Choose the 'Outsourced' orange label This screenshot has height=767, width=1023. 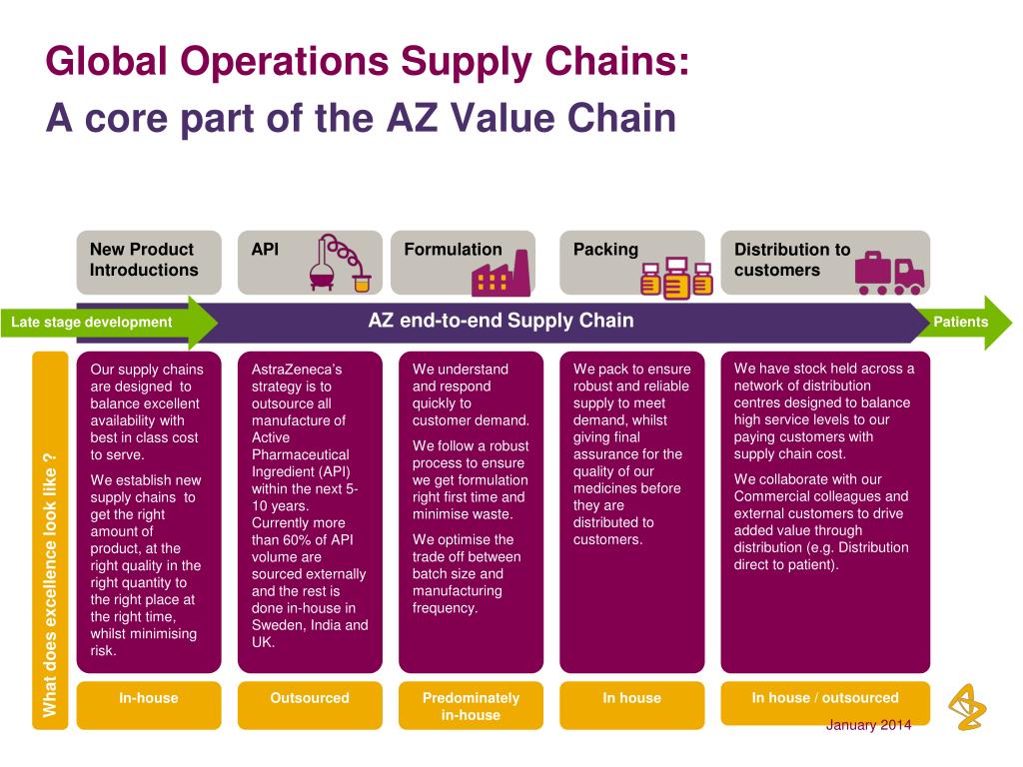point(310,698)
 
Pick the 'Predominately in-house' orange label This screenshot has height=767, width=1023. point(471,706)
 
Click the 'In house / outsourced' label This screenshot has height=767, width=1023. point(825,698)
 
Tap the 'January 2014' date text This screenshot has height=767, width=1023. point(868,725)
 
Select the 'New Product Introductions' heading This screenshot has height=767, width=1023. point(143,260)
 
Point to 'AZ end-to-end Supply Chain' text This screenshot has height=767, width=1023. point(501,321)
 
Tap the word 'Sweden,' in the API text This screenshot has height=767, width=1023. point(280,625)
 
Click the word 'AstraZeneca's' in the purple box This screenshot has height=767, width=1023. point(297,369)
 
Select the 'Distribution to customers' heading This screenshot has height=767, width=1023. point(791,260)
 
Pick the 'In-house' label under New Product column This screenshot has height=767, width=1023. point(148,698)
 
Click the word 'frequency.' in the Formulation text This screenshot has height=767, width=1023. point(445,607)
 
